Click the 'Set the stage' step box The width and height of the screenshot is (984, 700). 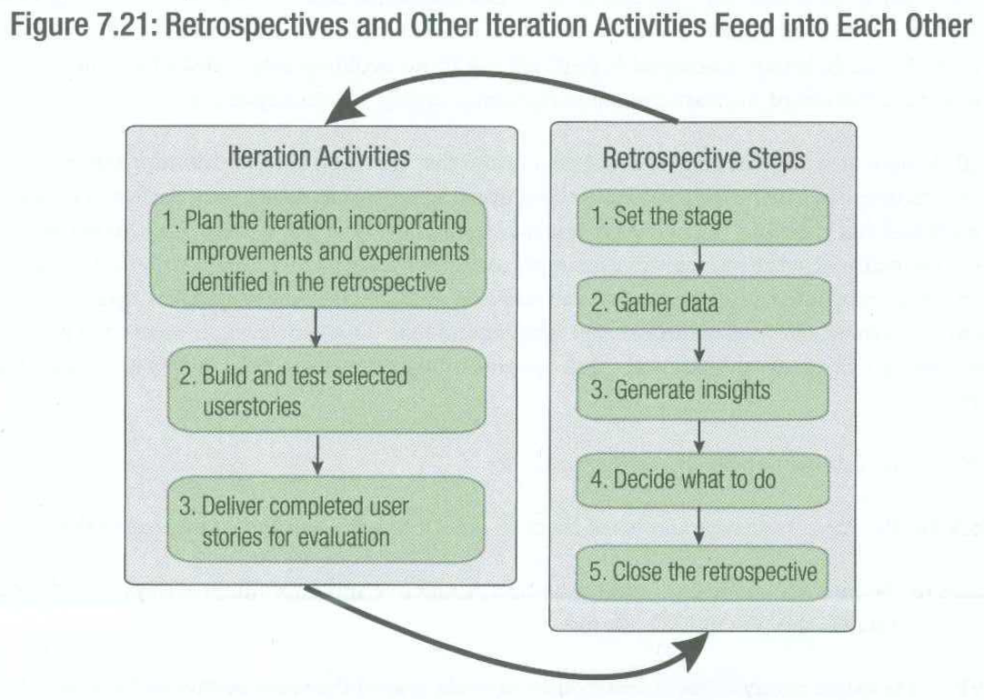pos(703,217)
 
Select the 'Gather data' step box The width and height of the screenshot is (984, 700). pos(704,304)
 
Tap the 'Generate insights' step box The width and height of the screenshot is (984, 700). pos(702,392)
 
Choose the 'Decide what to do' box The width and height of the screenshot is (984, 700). pos(702,481)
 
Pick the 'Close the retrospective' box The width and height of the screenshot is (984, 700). pos(702,573)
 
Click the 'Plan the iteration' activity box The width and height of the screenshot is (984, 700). pos(317,251)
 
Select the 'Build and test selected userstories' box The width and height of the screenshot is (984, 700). pos(326,390)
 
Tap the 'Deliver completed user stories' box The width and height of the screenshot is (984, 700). pos(326,519)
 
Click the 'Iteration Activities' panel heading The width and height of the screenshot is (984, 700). pos(318,156)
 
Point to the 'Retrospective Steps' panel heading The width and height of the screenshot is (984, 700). pos(704,158)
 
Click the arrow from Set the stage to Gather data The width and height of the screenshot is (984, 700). pos(699,260)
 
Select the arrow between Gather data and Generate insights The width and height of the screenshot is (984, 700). pos(699,347)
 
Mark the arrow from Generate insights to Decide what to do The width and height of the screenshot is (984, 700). pos(699,436)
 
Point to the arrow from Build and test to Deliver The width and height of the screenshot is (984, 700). pos(317,455)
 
